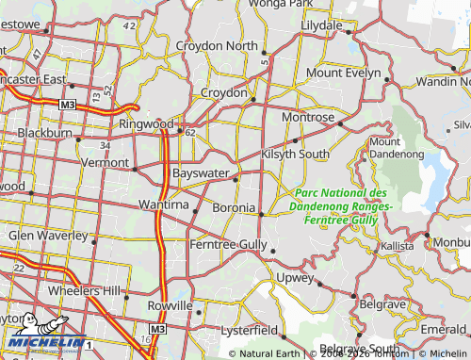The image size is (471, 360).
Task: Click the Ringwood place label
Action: point(146,123)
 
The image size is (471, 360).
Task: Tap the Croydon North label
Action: point(229,45)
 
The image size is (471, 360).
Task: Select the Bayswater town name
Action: point(202,174)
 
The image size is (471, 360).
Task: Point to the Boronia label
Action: point(233,207)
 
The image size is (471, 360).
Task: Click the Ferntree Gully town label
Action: point(227,244)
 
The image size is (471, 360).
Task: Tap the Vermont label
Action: point(105,162)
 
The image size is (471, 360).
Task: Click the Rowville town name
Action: point(170,307)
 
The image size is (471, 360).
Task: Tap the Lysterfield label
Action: point(249,332)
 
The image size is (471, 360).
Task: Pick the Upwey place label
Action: point(296,277)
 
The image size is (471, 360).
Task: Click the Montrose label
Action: point(308,117)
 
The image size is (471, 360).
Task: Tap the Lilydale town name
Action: point(321,25)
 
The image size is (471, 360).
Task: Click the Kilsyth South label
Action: point(296,154)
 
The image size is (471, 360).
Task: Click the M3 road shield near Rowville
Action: point(157,330)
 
